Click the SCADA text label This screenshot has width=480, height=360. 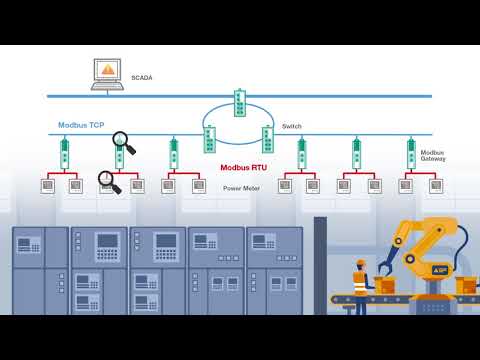pyautogui.click(x=141, y=77)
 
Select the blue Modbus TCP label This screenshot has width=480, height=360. pyautogui.click(x=81, y=125)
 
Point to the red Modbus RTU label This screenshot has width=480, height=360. pyautogui.click(x=243, y=168)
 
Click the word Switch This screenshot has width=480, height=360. pyautogui.click(x=291, y=126)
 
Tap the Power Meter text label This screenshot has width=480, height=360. pyautogui.click(x=241, y=188)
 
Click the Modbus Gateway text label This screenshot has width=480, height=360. pyautogui.click(x=433, y=155)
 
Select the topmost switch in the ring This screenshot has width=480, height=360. pyautogui.click(x=240, y=102)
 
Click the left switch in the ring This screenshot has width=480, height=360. pyautogui.click(x=210, y=139)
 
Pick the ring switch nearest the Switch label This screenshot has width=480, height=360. pyautogui.click(x=268, y=139)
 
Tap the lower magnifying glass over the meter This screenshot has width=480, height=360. pyautogui.click(x=108, y=181)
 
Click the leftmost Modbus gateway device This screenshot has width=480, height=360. pyautogui.click(x=64, y=153)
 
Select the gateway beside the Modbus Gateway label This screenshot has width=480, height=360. pyautogui.click(x=411, y=153)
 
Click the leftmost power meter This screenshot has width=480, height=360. pyautogui.click(x=47, y=186)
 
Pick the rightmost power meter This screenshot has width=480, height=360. pyautogui.click(x=435, y=186)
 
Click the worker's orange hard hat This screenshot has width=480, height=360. pyautogui.click(x=361, y=264)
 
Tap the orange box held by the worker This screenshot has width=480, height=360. pyautogui.click(x=385, y=286)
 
